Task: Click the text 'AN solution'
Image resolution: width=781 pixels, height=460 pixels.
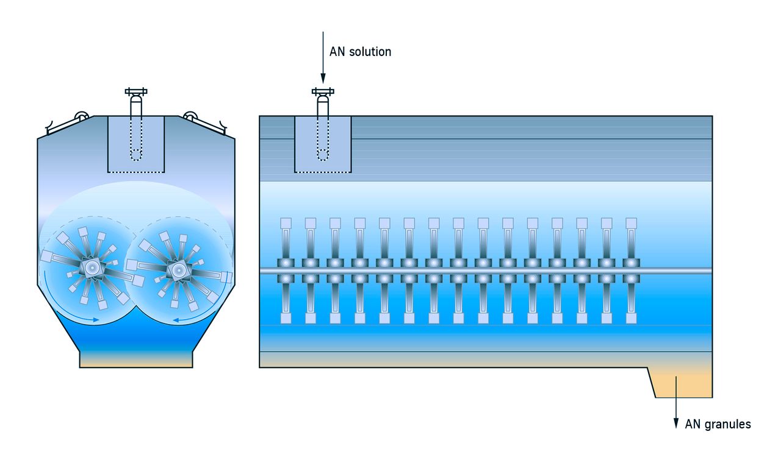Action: [x=360, y=52]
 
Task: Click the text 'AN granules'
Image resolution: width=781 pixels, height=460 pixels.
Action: [x=718, y=424]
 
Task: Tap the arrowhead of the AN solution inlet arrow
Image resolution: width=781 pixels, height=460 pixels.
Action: [x=323, y=79]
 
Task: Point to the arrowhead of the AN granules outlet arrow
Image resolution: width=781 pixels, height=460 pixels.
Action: [x=676, y=423]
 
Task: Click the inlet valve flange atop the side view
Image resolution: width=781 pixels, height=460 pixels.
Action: [x=323, y=91]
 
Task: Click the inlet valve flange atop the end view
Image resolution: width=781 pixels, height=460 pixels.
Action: [x=136, y=91]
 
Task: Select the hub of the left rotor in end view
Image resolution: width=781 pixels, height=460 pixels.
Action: [x=92, y=267]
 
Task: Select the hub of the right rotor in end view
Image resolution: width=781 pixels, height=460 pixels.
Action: [x=178, y=270]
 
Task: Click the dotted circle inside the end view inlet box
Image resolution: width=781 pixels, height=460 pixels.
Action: [x=136, y=155]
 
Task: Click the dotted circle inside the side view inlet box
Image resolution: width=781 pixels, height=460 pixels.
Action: [x=323, y=155]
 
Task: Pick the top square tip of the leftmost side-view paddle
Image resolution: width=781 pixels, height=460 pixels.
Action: [x=286, y=223]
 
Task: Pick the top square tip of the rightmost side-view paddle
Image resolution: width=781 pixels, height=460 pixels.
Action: [x=632, y=223]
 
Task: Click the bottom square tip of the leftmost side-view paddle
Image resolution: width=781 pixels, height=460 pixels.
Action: [x=286, y=318]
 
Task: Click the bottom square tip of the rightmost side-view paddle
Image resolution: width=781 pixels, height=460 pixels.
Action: [x=632, y=318]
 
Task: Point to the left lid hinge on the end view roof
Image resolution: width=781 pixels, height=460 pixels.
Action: [x=82, y=116]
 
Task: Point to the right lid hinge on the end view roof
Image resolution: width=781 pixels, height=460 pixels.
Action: [x=190, y=116]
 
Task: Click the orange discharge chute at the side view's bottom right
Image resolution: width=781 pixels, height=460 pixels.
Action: [x=682, y=383]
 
